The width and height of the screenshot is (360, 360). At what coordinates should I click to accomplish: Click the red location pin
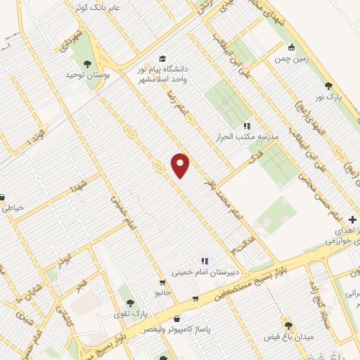(181, 165)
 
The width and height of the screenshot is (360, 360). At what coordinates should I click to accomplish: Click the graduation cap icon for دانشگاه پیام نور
(163, 59)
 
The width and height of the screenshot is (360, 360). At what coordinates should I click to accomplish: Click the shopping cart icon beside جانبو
(163, 283)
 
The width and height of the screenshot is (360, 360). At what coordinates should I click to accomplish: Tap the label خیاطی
(14, 207)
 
